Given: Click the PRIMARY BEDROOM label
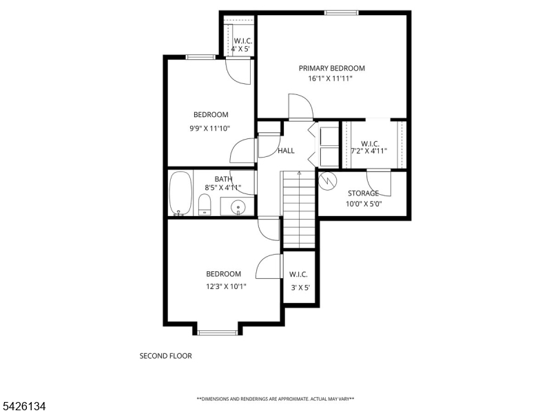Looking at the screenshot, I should coord(331,68).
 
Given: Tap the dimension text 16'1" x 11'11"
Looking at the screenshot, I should coord(331,78).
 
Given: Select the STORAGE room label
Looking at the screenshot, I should coord(363,193).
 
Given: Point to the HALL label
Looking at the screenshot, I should coord(286,151).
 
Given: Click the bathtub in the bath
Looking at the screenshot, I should coord(180,193).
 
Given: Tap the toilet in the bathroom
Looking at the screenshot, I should coord(204,204).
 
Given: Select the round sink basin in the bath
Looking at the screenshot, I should coord(238,206).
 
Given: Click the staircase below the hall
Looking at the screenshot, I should coord(298,209).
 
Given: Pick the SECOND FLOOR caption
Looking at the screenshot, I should coord(165,356).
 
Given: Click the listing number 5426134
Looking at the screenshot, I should coord(23,407).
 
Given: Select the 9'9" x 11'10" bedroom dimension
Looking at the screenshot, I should coord(210,127).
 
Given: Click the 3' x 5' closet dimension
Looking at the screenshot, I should coord(298,286).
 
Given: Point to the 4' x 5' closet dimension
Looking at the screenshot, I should coord(240,50).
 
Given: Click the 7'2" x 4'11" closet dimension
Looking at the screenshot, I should coord(369,151).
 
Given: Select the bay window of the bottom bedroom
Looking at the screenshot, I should coord(218,333).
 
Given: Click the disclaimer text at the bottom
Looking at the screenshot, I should coord(275,399).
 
